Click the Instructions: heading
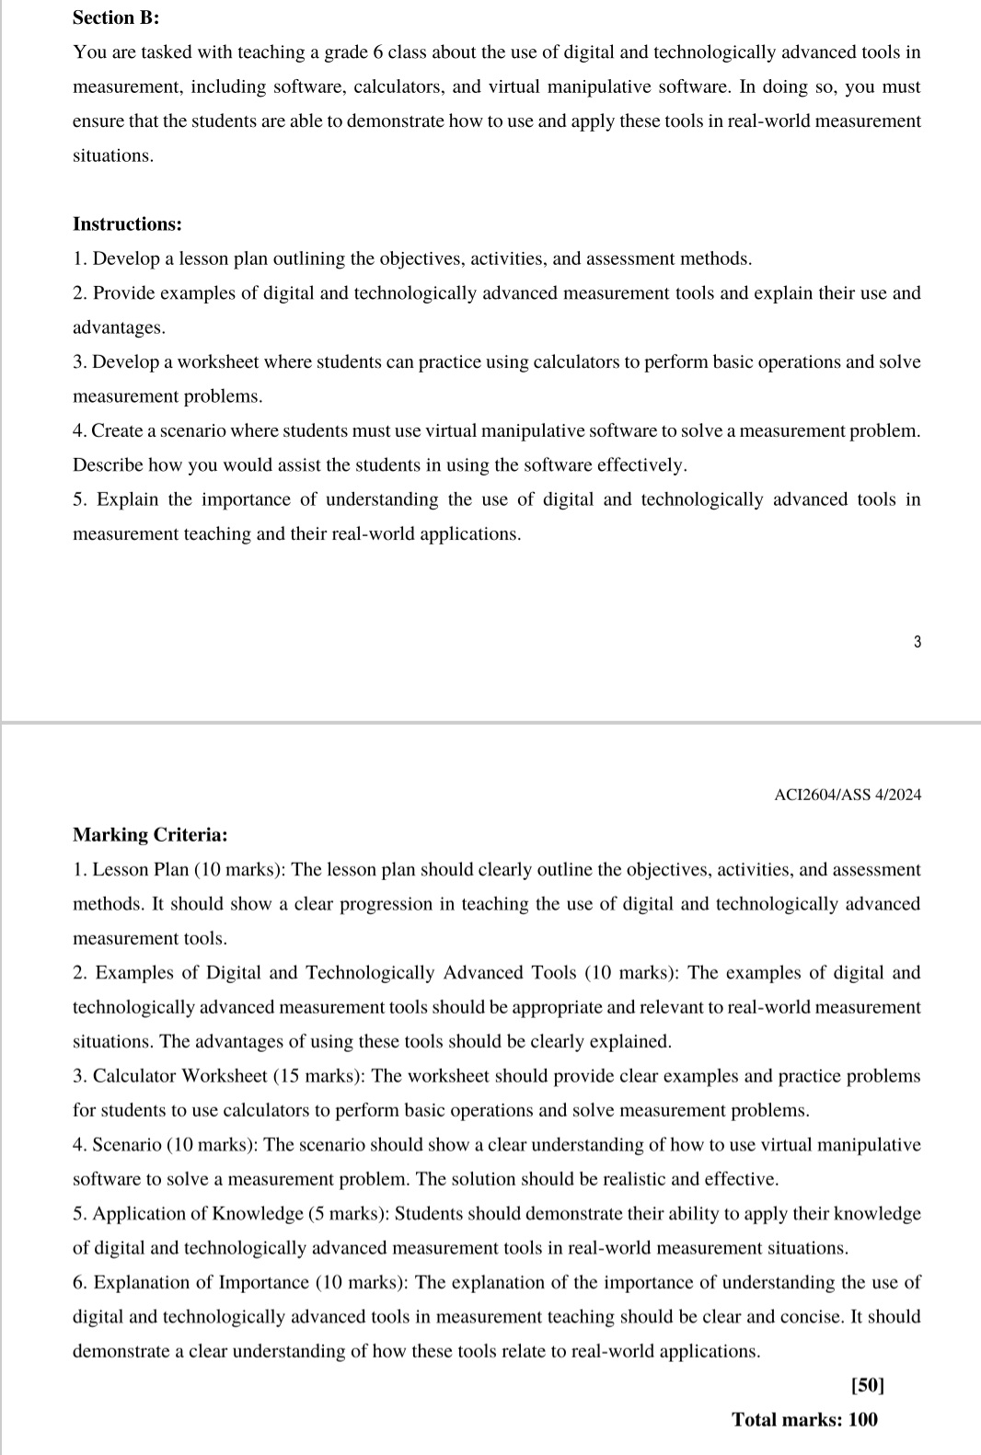tap(127, 224)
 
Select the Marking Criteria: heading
tap(150, 835)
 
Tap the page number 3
tap(917, 642)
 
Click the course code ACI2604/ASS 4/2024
tap(848, 795)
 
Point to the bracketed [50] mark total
tap(867, 1385)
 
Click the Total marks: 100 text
tap(804, 1419)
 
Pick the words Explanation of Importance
tap(202, 1283)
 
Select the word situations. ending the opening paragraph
tap(113, 155)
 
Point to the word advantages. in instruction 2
tap(119, 327)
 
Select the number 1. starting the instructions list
tap(79, 259)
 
